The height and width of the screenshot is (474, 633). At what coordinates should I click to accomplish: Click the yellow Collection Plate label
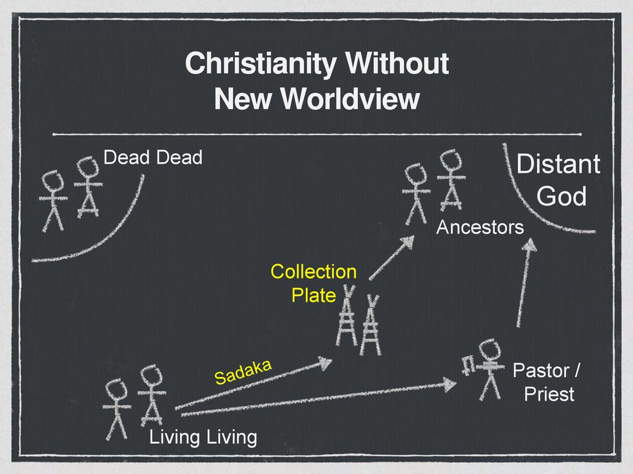pos(314,283)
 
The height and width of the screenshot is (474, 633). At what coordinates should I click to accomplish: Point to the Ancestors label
pos(480,228)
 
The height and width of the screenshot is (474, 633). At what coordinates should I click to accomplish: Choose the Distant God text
pos(558,180)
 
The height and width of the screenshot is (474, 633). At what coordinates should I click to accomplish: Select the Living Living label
pos(203,438)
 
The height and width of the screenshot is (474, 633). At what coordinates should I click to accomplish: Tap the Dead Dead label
pos(153,157)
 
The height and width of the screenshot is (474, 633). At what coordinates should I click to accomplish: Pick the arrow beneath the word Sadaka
pos(253,385)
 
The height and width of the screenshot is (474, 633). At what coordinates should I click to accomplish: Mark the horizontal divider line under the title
pos(316,133)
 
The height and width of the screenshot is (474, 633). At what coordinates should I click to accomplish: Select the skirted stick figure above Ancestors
pos(451,180)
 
